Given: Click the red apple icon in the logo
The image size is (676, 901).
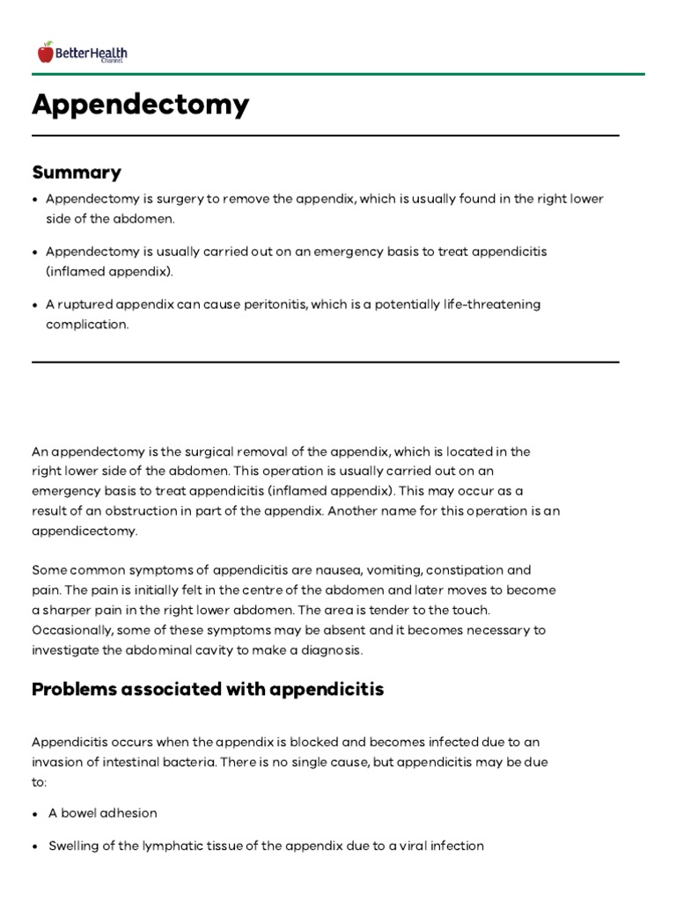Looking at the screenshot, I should (45, 53).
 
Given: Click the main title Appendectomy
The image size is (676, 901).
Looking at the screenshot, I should (141, 105).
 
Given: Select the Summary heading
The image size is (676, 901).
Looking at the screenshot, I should (77, 172).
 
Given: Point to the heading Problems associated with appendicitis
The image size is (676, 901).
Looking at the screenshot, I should (208, 689).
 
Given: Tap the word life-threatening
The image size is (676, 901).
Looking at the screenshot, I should (488, 304).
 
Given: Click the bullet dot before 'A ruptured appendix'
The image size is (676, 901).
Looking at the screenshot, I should (35, 304).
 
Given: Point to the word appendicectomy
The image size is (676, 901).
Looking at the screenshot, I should (84, 532).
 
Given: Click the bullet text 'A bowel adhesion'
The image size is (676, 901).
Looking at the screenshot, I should (103, 814).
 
